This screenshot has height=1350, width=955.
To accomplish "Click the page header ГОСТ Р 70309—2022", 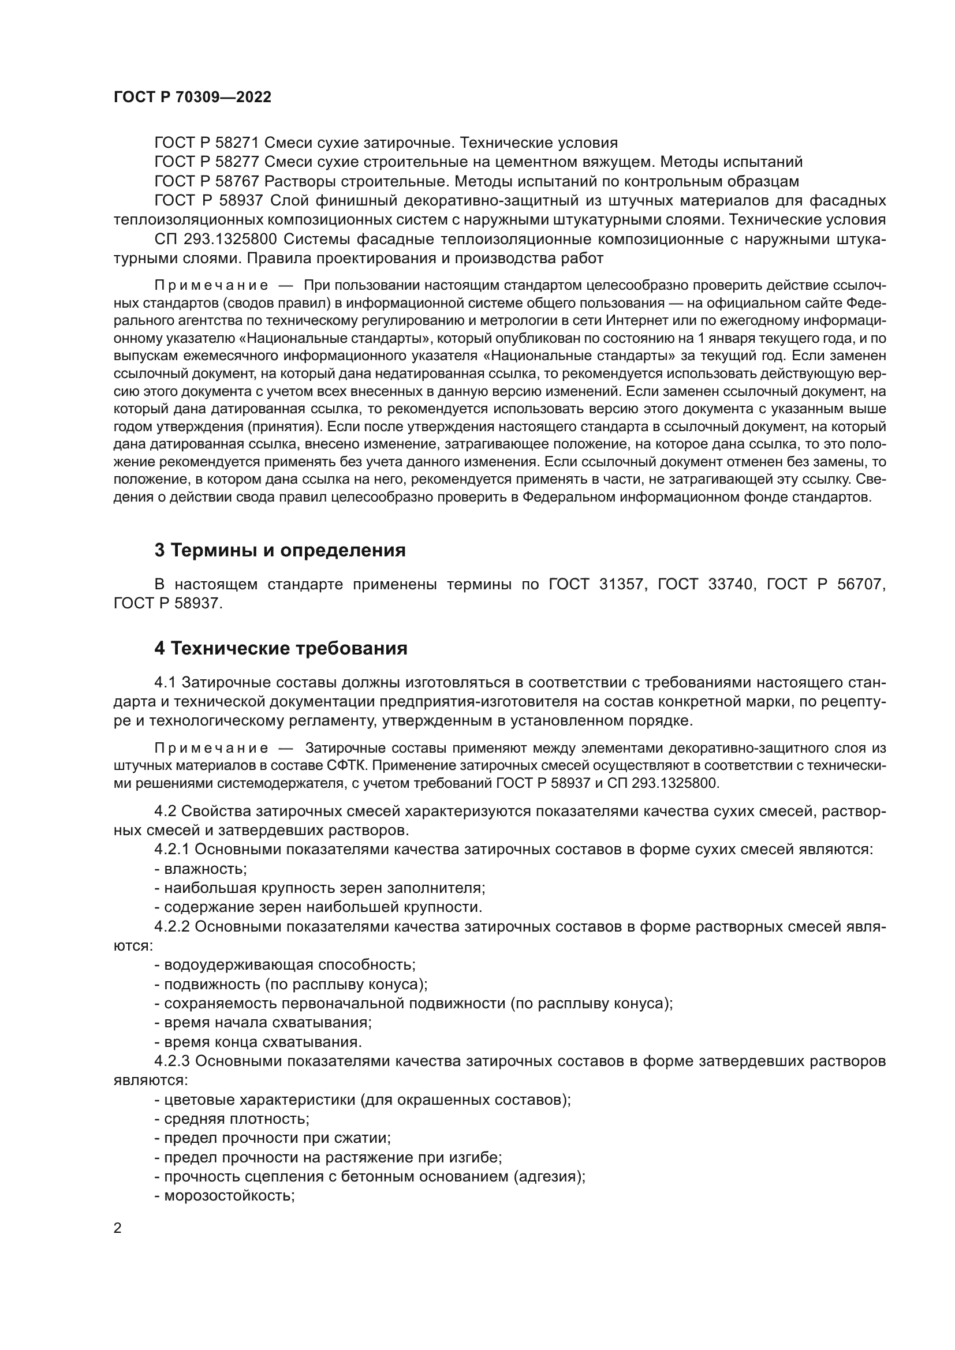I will point(192,98).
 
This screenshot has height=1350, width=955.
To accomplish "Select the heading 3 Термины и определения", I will point(280,551).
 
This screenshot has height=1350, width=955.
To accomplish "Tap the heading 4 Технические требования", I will point(281,649).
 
